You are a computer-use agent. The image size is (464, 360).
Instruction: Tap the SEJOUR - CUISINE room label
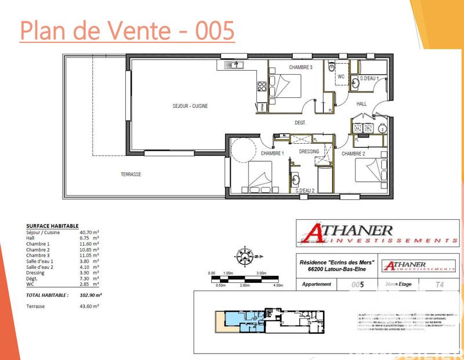coord(190,106)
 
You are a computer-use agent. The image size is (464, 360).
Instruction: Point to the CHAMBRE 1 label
coord(272,153)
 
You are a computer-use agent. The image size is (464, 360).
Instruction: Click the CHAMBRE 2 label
coord(353,154)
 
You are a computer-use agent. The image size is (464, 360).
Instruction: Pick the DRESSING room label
coord(309,151)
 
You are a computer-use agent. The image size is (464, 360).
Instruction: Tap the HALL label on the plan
coord(361,104)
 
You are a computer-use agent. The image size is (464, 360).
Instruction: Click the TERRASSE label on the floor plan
coord(131,174)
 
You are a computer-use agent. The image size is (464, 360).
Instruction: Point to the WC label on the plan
coord(341,77)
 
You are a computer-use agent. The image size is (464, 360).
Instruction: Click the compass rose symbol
coord(245,254)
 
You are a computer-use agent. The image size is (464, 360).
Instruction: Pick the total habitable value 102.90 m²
coord(90,294)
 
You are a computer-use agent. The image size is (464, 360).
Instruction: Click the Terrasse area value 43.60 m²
coord(89,306)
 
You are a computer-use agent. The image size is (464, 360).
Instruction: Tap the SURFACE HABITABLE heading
coord(52,226)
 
